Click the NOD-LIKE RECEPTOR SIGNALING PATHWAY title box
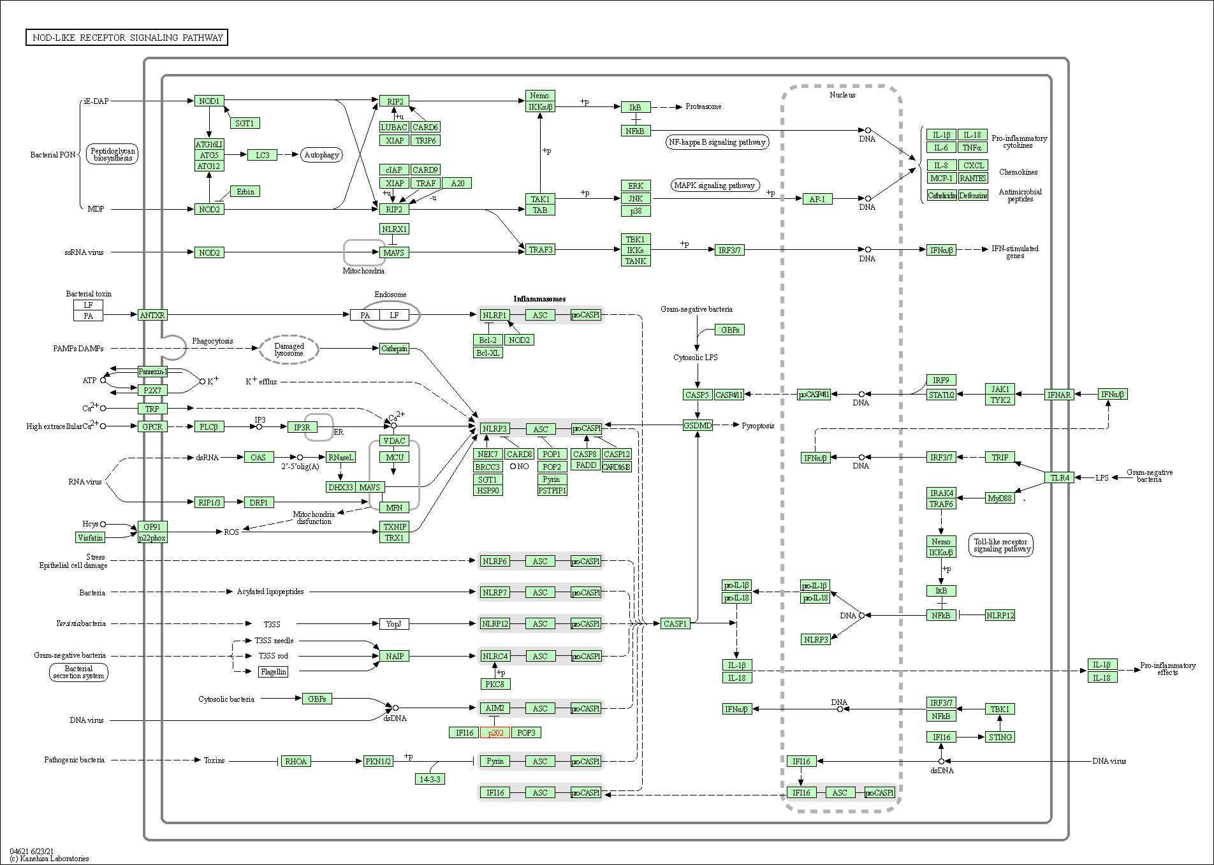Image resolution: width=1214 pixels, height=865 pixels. click(127, 38)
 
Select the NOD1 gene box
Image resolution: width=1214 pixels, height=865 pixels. click(209, 101)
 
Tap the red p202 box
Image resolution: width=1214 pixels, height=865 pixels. click(495, 732)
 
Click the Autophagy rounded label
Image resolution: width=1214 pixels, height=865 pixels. click(321, 155)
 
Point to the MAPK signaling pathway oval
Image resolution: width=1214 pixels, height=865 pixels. click(715, 185)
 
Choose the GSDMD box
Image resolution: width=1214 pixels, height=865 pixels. click(698, 426)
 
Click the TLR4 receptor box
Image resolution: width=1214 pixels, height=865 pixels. click(1060, 477)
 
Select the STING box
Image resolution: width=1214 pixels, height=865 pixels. click(1000, 737)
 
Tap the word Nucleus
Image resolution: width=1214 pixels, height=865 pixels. click(842, 95)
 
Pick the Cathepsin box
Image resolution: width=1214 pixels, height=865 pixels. click(394, 349)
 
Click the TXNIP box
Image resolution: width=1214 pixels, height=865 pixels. click(395, 527)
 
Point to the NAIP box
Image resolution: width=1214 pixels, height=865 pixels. click(395, 656)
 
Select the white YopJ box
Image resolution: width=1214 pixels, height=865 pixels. click(393, 623)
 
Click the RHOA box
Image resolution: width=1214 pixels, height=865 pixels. click(296, 761)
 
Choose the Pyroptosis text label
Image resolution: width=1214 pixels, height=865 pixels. click(757, 426)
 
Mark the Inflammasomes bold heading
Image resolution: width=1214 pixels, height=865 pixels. click(539, 299)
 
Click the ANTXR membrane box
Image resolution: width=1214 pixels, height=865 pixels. click(152, 315)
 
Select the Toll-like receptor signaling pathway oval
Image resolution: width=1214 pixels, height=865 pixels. click(1000, 546)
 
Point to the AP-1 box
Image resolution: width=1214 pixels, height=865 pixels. click(817, 199)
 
